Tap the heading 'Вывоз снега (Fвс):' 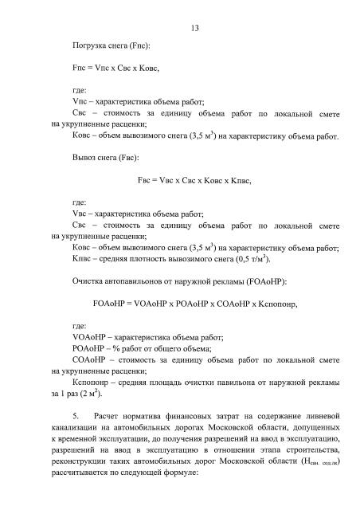tap(104, 158)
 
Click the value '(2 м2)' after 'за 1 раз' tap(91, 393)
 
